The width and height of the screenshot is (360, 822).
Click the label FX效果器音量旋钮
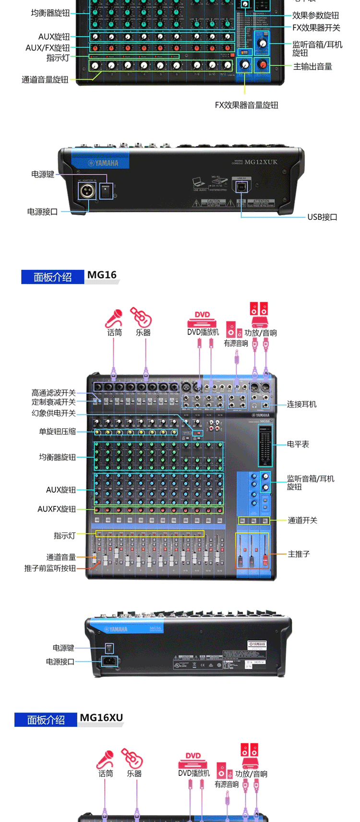246,105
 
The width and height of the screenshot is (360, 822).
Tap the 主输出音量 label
312,67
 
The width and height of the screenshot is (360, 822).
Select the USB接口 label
322,217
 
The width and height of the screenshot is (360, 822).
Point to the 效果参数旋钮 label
315,15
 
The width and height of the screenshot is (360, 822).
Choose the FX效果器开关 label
316,28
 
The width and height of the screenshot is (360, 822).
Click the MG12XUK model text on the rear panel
261,162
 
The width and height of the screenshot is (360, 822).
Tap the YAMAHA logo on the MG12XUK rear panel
103,163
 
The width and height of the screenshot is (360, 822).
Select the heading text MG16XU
101,718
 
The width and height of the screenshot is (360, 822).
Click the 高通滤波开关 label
53,393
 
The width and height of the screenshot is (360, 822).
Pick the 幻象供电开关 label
53,413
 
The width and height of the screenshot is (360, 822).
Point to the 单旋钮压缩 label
57,431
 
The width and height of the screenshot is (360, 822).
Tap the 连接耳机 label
301,404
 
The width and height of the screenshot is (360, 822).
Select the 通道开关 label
302,520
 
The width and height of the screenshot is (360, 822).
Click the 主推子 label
299,554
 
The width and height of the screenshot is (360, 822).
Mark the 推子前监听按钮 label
50,568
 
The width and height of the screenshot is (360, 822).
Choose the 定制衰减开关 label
53,402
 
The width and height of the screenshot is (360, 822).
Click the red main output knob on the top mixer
262,64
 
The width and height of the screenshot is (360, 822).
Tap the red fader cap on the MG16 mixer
264,558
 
